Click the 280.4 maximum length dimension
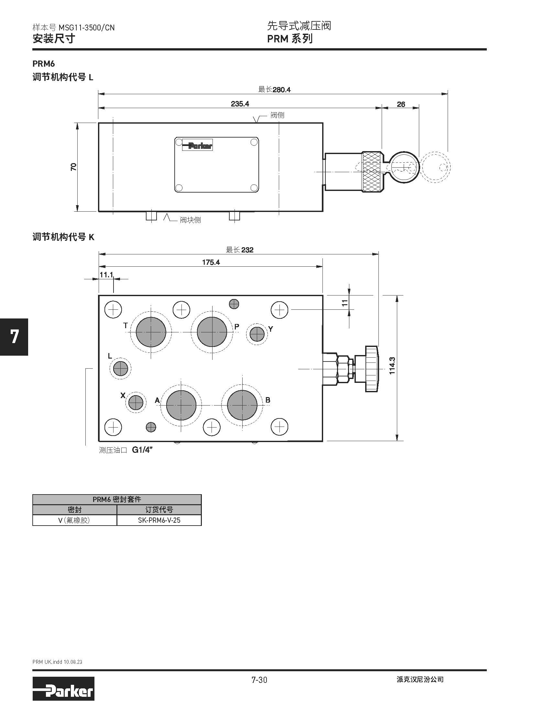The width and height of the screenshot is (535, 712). tap(281, 90)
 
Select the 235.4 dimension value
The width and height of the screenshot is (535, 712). tap(240, 104)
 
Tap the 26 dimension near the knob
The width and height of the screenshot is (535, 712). tap(401, 104)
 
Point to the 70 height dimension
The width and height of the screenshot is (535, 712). tap(74, 167)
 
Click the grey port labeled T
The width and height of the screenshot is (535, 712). tap(151, 332)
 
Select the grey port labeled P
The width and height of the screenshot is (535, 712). tap(212, 332)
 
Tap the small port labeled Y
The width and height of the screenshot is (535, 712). tap(257, 334)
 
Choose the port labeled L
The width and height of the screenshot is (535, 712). tap(120, 368)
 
